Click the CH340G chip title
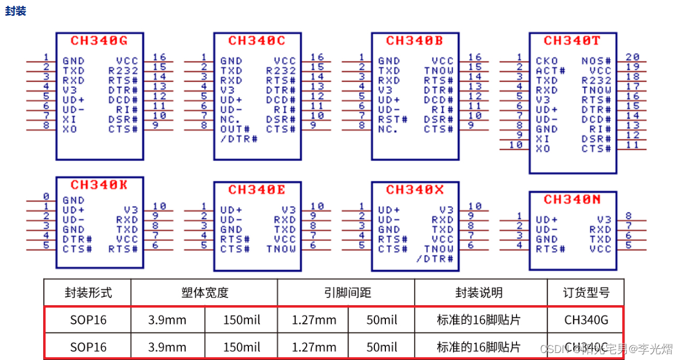coord(99,41)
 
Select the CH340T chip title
coord(572,41)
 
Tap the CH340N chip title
coord(572,200)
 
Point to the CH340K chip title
coord(99,185)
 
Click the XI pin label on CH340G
coord(69,119)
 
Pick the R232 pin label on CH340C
coord(281,71)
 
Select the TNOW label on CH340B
coord(439,71)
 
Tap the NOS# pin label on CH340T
coord(596,61)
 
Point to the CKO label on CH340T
coord(546,61)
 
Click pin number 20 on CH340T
coord(633,57)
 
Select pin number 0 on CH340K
coord(46,197)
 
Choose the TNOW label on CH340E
coord(281,249)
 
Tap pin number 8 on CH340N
coord(629,216)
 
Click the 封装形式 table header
coord(88,292)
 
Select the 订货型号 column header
coord(585,292)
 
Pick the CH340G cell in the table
coord(585,320)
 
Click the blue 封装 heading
coord(16,11)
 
